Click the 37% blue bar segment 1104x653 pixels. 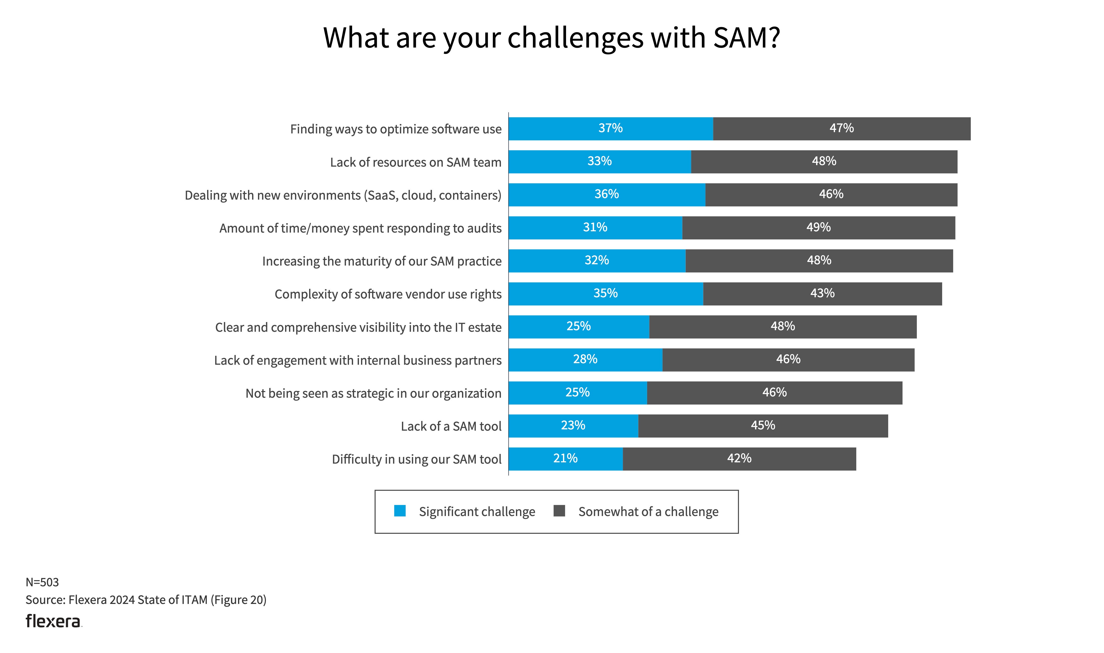click(x=611, y=129)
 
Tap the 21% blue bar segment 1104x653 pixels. click(x=566, y=459)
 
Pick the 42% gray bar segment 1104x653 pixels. click(x=739, y=459)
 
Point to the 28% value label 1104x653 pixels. click(x=585, y=360)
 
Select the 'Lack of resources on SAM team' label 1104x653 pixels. click(x=415, y=162)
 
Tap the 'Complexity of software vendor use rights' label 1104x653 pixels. click(x=388, y=294)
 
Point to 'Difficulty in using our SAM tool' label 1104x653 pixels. click(x=416, y=459)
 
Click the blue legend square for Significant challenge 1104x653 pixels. click(x=400, y=511)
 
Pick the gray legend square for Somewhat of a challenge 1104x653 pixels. click(x=559, y=511)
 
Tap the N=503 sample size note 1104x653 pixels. click(x=42, y=582)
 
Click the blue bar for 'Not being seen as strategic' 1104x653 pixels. click(x=578, y=393)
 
